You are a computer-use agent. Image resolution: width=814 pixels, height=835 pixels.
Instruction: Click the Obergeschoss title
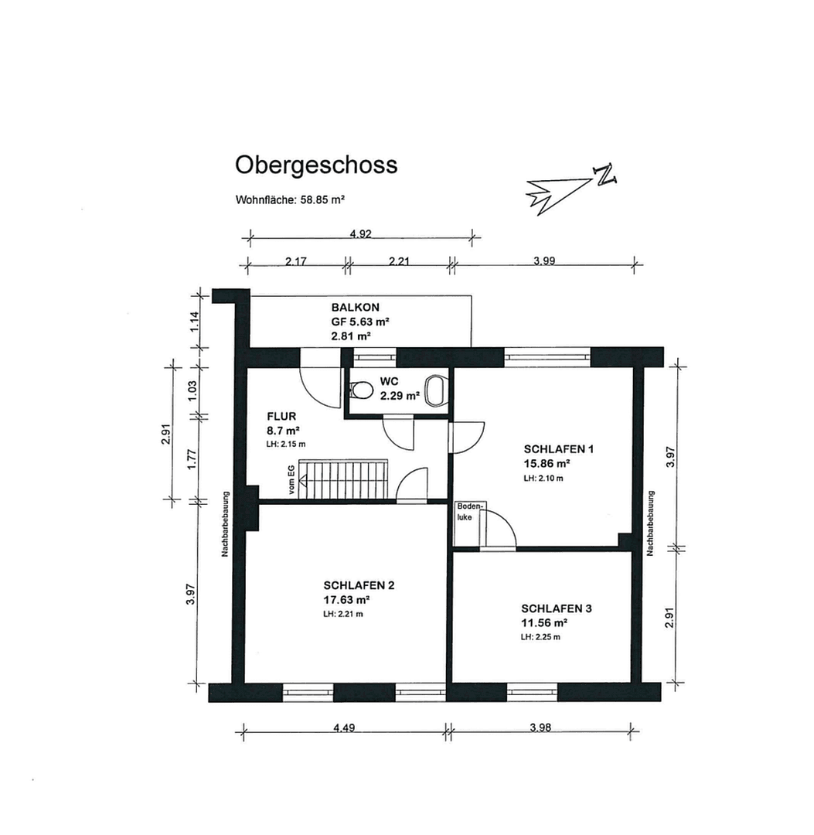pyautogui.click(x=316, y=165)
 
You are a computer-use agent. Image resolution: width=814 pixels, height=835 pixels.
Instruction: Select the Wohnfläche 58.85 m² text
pyautogui.click(x=289, y=199)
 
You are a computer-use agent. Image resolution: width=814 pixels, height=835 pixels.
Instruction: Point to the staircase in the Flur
pyautogui.click(x=345, y=480)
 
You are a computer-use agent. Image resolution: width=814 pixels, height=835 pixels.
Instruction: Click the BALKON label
pyautogui.click(x=356, y=307)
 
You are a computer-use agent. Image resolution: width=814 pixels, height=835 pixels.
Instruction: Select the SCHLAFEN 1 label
pyautogui.click(x=557, y=448)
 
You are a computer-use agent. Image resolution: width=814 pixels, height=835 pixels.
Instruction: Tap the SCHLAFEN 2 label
pyautogui.click(x=359, y=585)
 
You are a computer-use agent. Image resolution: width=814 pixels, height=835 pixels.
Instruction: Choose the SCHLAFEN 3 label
pyautogui.click(x=557, y=608)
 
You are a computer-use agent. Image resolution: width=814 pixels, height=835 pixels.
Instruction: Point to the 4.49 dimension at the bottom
pyautogui.click(x=343, y=727)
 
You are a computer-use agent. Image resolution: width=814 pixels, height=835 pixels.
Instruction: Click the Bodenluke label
pyautogui.click(x=469, y=511)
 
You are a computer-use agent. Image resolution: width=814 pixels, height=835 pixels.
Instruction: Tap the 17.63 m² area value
pyautogui.click(x=346, y=599)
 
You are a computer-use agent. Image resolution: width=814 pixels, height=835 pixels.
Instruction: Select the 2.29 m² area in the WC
pyautogui.click(x=399, y=396)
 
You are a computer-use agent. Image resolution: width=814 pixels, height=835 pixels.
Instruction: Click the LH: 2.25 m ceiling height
pyautogui.click(x=540, y=637)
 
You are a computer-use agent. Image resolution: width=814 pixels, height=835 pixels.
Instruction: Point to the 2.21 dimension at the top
pyautogui.click(x=399, y=261)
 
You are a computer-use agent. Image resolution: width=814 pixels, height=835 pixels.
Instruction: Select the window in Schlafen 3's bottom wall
pyautogui.click(x=532, y=691)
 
